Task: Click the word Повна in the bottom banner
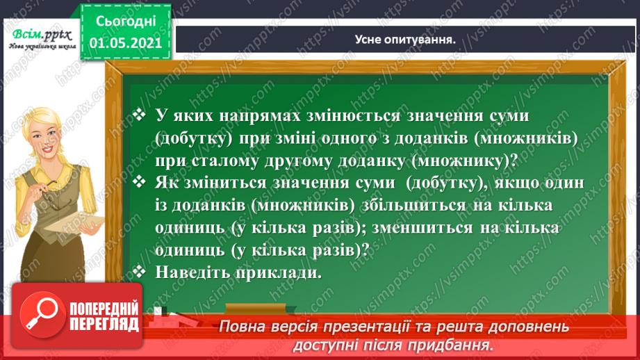pyautogui.click(x=241, y=326)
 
